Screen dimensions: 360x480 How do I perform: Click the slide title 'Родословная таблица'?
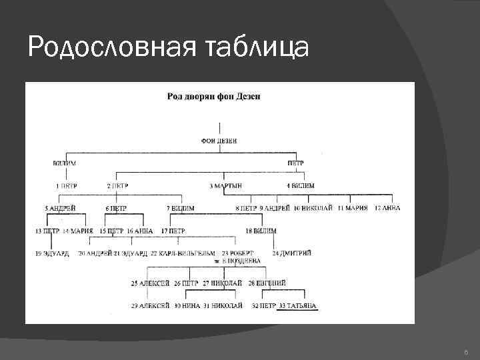pos(168,48)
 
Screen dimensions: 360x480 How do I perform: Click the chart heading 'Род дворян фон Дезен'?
pos(213,97)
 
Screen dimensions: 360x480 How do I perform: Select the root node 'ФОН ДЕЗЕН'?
pos(219,141)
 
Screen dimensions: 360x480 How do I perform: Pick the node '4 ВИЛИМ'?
pos(301,185)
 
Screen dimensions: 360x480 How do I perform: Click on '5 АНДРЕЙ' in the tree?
pos(60,208)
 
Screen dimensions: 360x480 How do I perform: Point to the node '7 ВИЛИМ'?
pos(180,208)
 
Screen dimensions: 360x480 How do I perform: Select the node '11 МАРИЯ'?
pos(352,208)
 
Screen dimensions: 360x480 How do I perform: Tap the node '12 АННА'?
pos(387,208)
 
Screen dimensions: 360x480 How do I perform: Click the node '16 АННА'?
pos(139,231)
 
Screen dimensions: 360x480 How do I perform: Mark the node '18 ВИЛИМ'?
pos(261,231)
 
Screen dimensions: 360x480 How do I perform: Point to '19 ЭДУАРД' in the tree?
pos(53,253)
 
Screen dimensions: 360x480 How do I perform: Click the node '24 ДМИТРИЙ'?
pos(291,253)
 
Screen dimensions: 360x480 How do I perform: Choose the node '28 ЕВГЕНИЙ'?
pos(267,283)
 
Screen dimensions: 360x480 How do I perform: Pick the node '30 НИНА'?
pos(187,306)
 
